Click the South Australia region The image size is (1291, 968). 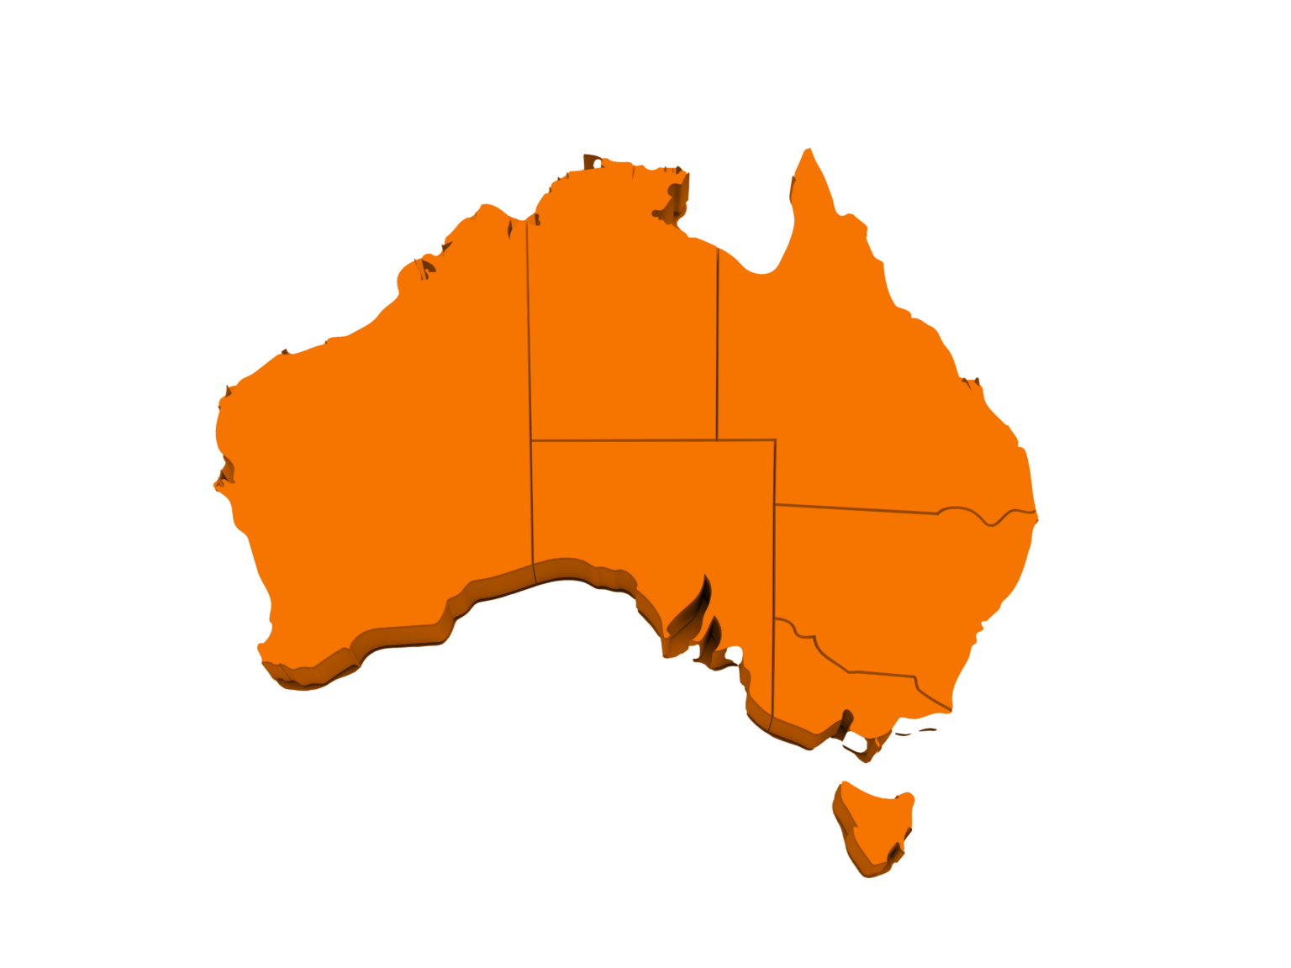[x=647, y=513]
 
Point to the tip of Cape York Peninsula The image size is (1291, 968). [x=809, y=151]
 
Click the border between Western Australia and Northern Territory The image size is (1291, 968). [x=529, y=336]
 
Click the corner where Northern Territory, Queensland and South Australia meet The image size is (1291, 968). [x=717, y=439]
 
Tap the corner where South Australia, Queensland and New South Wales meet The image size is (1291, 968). [x=775, y=505]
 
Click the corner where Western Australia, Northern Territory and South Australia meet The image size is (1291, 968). [x=531, y=439]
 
